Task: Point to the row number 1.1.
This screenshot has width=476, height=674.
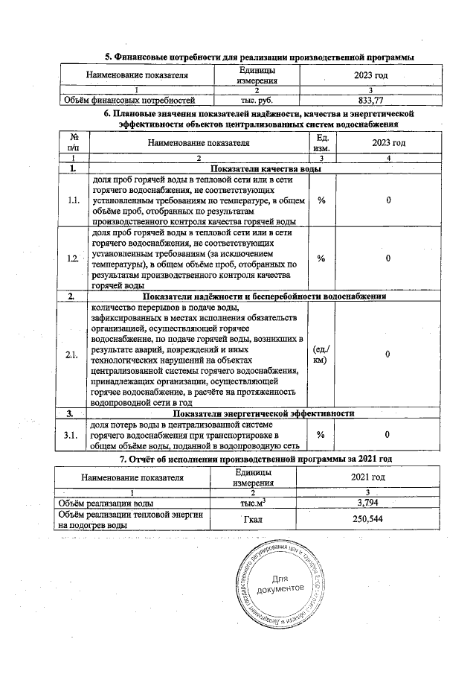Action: [x=73, y=200]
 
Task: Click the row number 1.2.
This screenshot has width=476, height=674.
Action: [x=73, y=258]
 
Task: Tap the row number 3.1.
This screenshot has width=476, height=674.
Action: [x=73, y=435]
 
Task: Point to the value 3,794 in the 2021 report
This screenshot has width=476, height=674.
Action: [x=370, y=504]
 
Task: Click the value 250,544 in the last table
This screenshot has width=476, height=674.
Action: [x=370, y=519]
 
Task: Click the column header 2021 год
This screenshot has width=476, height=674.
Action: [x=370, y=477]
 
